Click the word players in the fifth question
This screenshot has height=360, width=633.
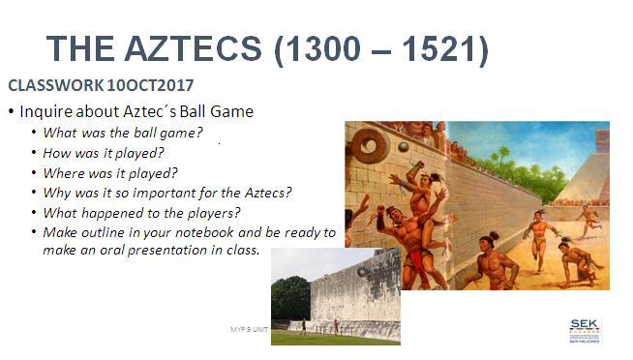click(x=212, y=213)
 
